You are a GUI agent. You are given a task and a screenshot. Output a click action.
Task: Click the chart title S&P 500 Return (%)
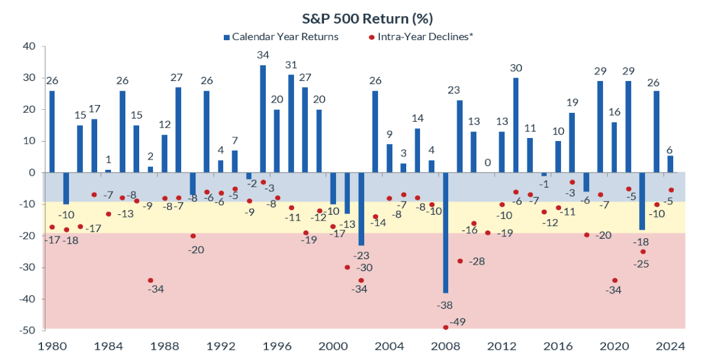pyautogui.click(x=360, y=19)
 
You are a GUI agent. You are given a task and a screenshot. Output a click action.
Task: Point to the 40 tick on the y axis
pyautogui.click(x=29, y=46)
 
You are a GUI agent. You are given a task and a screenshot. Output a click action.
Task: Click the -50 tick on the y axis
pyautogui.click(x=26, y=330)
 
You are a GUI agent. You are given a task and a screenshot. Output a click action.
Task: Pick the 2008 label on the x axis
pyautogui.click(x=445, y=346)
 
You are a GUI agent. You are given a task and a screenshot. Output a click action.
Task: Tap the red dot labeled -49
pyautogui.click(x=445, y=327)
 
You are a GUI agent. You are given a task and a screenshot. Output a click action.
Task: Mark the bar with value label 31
pyautogui.click(x=291, y=124)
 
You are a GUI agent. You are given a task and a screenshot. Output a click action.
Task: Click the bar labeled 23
pyautogui.click(x=460, y=136)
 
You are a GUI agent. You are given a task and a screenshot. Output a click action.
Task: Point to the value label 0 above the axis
pyautogui.click(x=488, y=163)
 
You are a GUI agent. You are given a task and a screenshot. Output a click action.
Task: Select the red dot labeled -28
pyautogui.click(x=460, y=261)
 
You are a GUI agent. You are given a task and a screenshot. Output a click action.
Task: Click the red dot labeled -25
pyautogui.click(x=643, y=251)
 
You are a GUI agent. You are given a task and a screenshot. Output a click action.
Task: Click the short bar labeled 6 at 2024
pyautogui.click(x=671, y=164)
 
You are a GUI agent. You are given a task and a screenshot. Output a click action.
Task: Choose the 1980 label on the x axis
pyautogui.click(x=52, y=346)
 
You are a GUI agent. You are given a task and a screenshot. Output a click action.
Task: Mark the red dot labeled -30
pyautogui.click(x=347, y=267)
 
